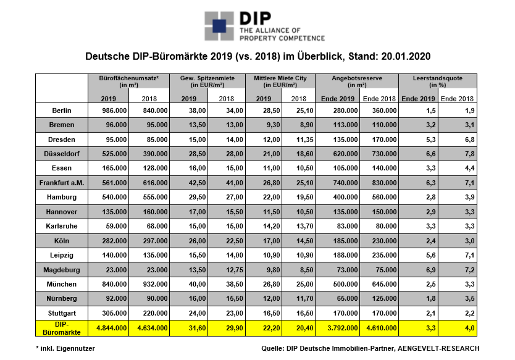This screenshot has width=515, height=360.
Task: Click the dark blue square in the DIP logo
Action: (219, 26)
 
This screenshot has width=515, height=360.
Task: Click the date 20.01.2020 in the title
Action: (406, 56)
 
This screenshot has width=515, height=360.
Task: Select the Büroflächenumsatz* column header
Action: (128, 82)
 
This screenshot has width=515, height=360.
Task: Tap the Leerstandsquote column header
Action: (437, 82)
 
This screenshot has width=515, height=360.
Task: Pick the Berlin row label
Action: (62, 111)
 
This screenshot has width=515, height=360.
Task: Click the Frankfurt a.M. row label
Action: (62, 183)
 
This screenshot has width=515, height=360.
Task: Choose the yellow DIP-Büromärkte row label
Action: (62, 328)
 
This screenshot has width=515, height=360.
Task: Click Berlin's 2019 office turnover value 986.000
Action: (114, 111)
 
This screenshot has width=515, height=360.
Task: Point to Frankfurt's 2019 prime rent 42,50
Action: (198, 183)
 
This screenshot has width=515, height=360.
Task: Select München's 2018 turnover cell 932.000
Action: (155, 284)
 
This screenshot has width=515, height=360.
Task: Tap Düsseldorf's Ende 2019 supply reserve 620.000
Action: (345, 154)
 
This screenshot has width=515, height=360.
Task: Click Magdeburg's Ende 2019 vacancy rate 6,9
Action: (431, 270)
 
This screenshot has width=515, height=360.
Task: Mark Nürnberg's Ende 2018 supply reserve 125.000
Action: (384, 299)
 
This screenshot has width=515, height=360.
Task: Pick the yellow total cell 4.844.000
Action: (112, 328)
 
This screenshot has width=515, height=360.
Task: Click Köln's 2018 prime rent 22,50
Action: (235, 241)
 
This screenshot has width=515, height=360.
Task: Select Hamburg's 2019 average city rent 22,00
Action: (272, 198)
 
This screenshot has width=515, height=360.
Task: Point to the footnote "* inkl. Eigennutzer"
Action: (65, 348)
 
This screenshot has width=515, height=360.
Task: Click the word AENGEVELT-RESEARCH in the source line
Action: (438, 348)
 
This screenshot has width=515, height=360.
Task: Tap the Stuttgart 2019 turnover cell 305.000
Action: (114, 313)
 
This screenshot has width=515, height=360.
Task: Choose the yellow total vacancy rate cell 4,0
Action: (470, 328)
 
